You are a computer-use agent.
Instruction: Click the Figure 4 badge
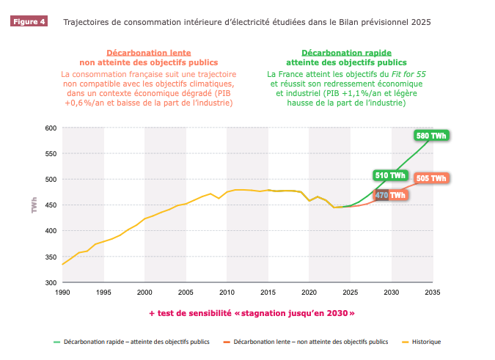pos(29,21)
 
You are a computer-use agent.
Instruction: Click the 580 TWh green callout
pos(431,136)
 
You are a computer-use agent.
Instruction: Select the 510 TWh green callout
pos(390,175)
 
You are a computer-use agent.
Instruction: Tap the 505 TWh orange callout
pos(431,178)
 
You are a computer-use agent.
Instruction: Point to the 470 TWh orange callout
pos(390,195)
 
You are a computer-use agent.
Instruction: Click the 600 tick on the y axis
pos(51,128)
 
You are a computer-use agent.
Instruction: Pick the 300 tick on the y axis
pos(51,283)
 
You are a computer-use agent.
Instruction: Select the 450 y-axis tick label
pos(51,205)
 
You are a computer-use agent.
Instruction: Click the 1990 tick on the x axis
pos(62,293)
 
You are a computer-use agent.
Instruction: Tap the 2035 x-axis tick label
pos(433,293)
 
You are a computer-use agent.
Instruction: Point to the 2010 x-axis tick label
pos(227,293)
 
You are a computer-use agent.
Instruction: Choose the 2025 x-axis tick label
pos(351,293)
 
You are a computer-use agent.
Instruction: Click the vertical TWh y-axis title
pos(34,205)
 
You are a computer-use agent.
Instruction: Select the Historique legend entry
pos(422,342)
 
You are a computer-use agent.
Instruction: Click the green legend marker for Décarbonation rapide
pos(56,342)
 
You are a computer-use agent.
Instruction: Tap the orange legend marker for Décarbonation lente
pos(227,342)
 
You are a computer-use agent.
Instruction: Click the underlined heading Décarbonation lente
pos(149,53)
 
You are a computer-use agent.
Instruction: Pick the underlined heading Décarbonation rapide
pos(346,53)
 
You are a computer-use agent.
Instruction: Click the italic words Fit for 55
pos(408,74)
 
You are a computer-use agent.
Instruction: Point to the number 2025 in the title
pos(421,22)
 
